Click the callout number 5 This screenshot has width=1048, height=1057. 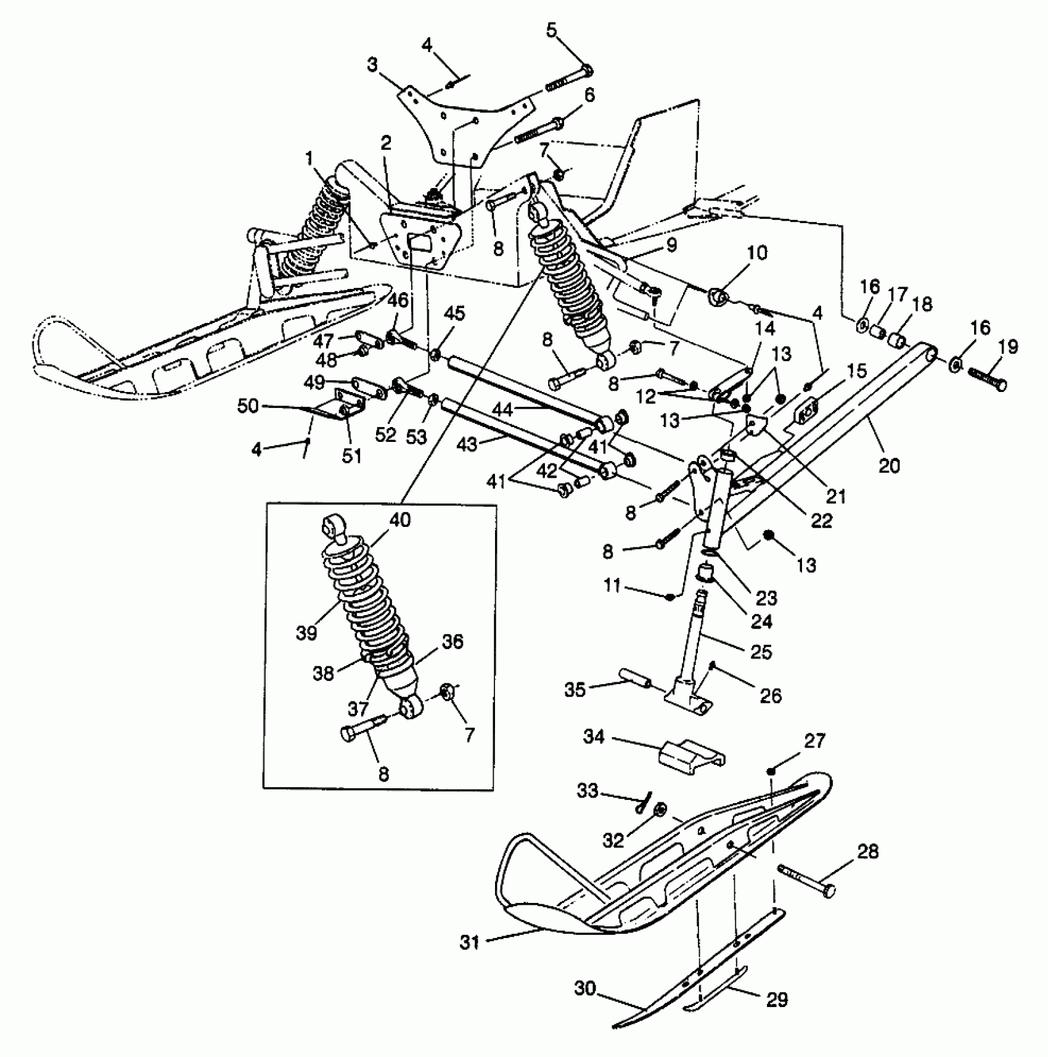(x=551, y=30)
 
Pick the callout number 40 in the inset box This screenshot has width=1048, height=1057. (x=400, y=521)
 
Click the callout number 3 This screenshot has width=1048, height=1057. (x=372, y=65)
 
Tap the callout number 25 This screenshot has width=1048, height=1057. (x=761, y=651)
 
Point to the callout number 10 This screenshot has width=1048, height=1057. (x=758, y=253)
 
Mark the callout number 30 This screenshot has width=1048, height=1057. (x=585, y=989)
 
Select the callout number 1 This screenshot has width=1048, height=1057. (x=309, y=159)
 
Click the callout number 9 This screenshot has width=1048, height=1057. (x=671, y=245)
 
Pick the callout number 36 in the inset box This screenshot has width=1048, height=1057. (x=452, y=642)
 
